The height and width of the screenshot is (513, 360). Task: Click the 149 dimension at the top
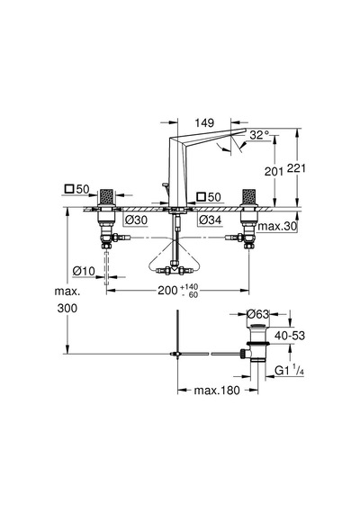(204, 123)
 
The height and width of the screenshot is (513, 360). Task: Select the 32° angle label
(259, 135)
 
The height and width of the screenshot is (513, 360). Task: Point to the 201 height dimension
(274, 171)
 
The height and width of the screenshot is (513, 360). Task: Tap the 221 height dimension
(296, 168)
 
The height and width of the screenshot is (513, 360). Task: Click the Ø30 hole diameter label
(136, 220)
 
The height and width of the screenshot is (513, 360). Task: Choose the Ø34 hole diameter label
(210, 220)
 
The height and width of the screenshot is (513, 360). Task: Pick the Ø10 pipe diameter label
(84, 271)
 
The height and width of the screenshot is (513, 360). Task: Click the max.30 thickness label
(277, 226)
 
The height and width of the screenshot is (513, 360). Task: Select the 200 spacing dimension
(167, 290)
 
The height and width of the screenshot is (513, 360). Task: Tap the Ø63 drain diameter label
(258, 314)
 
